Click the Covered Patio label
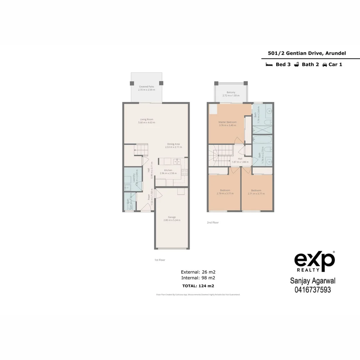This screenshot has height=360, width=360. tap(147, 86)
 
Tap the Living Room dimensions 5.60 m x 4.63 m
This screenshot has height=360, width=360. tap(147, 123)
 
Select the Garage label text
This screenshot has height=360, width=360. tap(172, 217)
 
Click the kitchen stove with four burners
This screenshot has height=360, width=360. tap(184, 172)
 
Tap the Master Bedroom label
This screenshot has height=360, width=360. tap(227, 122)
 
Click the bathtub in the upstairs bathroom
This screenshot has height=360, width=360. tap(262, 139)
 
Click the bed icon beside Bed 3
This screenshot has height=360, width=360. tap(269, 65)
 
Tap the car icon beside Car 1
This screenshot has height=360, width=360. tap(324, 65)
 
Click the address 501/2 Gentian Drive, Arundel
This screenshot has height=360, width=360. tap(307, 53)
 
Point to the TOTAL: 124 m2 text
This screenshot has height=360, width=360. tap(198, 286)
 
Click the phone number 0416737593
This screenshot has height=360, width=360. tap(313, 290)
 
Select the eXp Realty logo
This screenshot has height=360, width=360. tap(314, 262)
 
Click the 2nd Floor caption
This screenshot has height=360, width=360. tap(213, 222)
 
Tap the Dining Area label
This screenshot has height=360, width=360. tap(173, 144)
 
